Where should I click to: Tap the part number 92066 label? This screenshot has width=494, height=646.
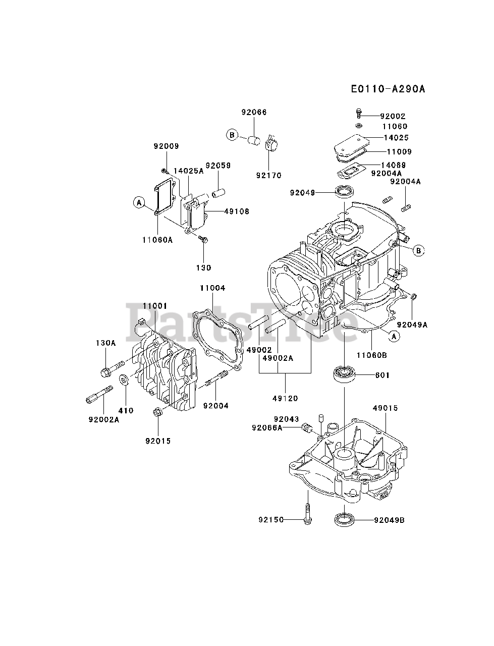(x=254, y=112)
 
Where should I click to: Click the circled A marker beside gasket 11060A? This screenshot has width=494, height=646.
(x=139, y=203)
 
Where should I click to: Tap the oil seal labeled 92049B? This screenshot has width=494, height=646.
(x=345, y=519)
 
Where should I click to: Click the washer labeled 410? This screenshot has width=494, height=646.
(x=123, y=380)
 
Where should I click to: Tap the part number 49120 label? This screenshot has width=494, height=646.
(x=286, y=398)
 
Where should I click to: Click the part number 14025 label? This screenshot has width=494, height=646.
(x=396, y=137)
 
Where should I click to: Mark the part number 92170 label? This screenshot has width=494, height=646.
(x=269, y=175)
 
